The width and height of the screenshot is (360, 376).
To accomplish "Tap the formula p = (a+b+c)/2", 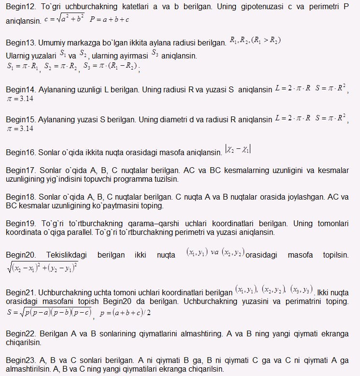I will [x=125, y=313].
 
